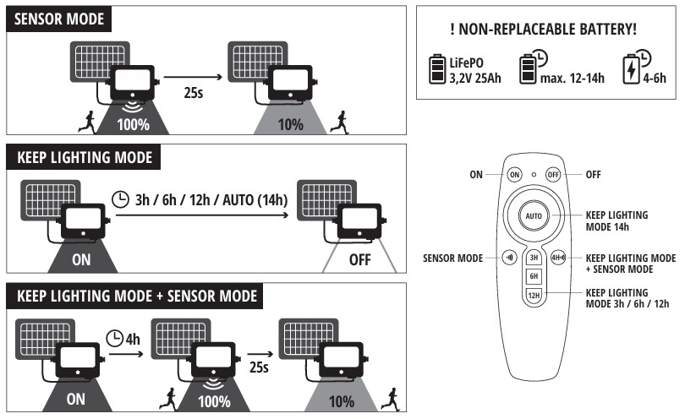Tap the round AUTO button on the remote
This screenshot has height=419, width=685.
[x=534, y=215]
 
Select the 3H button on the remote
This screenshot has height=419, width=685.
[x=534, y=258]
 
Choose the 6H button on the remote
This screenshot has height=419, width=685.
[x=534, y=276]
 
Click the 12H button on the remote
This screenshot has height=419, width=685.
[x=534, y=295]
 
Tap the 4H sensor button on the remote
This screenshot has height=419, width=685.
[x=558, y=258]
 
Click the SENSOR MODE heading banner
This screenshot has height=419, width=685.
[x=59, y=19]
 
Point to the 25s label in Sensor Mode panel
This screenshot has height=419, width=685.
[x=194, y=93]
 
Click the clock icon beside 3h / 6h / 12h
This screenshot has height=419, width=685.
[x=120, y=199]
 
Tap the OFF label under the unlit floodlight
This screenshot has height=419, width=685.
[x=360, y=259]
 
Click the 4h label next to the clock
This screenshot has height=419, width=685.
[x=133, y=339]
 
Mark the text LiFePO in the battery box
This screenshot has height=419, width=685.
[x=467, y=63]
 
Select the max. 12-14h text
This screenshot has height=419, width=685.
[x=573, y=78]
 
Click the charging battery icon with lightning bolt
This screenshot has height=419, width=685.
[x=631, y=68]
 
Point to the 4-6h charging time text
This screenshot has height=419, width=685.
[x=655, y=78]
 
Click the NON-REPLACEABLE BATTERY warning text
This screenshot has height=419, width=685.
[x=544, y=30]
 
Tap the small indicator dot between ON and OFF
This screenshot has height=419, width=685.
[x=534, y=175]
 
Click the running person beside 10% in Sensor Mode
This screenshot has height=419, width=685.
[x=340, y=122]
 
